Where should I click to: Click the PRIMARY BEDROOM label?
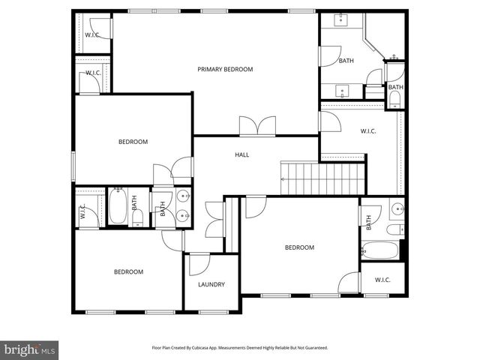point(225,70)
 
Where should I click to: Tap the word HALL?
point(241,155)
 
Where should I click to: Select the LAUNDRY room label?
point(211,285)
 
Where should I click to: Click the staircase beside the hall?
point(323,178)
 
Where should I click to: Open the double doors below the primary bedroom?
point(257,127)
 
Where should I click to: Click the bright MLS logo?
point(30,349)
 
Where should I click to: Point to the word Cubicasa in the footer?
point(215,348)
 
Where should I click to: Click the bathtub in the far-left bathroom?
point(118,207)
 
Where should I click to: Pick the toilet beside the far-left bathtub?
point(137,218)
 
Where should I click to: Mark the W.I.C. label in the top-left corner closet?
point(93,35)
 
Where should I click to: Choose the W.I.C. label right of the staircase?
point(368,132)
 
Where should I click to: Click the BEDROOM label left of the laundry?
point(128,272)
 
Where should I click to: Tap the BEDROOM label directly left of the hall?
point(133,142)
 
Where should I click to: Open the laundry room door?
point(199,264)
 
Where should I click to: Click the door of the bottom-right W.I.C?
point(349,283)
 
